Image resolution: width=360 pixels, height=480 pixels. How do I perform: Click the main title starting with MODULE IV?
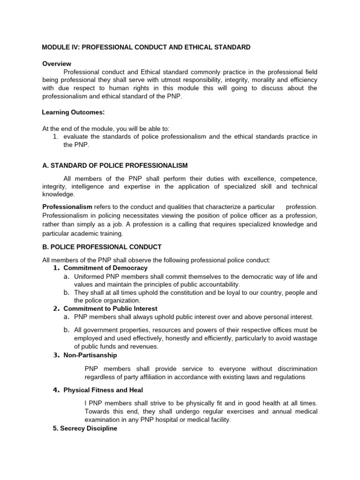[146, 47]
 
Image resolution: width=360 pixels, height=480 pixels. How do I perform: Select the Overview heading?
[56, 64]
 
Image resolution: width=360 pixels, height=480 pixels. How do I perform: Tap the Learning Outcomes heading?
[73, 112]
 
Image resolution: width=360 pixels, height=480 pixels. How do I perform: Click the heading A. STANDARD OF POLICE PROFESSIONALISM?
[115, 165]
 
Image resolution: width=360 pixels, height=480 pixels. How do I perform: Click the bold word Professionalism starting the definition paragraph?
[67, 207]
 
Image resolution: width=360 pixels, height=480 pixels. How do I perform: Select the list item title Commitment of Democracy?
[105, 268]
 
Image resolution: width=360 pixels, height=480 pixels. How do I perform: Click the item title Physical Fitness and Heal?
[103, 390]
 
